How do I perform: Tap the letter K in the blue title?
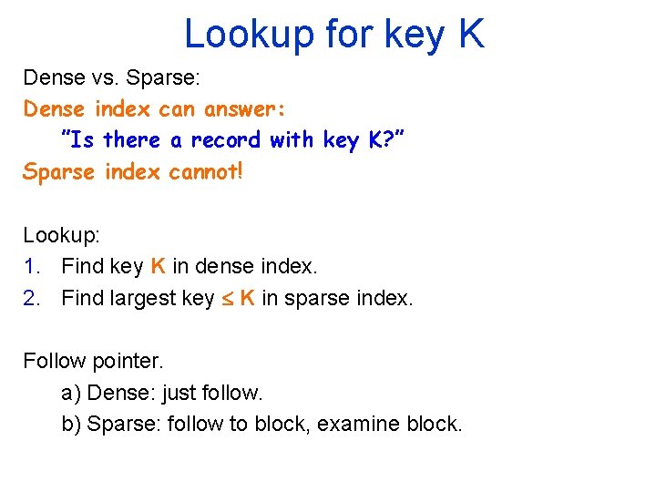tap(470, 34)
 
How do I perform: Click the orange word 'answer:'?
tap(245, 109)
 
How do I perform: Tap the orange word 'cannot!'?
tap(206, 171)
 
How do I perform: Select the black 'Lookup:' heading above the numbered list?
tap(62, 235)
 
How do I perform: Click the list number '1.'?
tap(33, 266)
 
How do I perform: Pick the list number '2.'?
tap(33, 297)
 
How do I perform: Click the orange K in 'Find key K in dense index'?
tap(158, 266)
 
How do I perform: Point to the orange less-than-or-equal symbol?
tap(227, 298)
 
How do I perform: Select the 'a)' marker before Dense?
tap(71, 393)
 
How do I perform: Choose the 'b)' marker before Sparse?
tap(71, 424)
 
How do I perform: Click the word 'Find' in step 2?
tap(80, 297)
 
